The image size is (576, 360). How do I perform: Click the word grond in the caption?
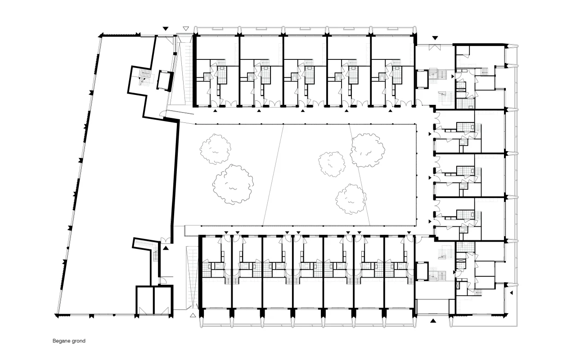click(x=79, y=341)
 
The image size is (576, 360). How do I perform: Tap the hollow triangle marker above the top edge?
click(x=186, y=28)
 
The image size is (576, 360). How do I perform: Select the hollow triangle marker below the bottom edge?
click(x=193, y=315)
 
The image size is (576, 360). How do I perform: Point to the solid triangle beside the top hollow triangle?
click(x=166, y=28)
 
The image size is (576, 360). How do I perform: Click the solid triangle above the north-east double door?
click(x=435, y=38)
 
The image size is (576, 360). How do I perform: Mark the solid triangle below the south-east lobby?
click(x=433, y=321)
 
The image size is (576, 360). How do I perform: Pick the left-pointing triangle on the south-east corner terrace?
click(x=512, y=292)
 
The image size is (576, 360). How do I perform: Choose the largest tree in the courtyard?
click(x=233, y=184)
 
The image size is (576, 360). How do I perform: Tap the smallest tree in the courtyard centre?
click(x=332, y=164)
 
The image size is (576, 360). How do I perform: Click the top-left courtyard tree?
click(x=216, y=149)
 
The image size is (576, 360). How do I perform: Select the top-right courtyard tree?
click(x=367, y=150)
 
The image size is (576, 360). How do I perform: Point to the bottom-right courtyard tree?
click(x=351, y=199)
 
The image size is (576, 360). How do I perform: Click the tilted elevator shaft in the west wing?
click(x=164, y=80)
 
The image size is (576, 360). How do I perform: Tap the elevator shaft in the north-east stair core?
click(x=422, y=79)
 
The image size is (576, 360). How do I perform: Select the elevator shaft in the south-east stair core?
click(x=422, y=271)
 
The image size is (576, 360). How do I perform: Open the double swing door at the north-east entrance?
click(x=435, y=47)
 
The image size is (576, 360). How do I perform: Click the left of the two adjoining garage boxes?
click(x=145, y=300)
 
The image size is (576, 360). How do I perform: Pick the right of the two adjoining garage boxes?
click(x=163, y=300)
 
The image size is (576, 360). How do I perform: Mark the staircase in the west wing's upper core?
click(x=144, y=76)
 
